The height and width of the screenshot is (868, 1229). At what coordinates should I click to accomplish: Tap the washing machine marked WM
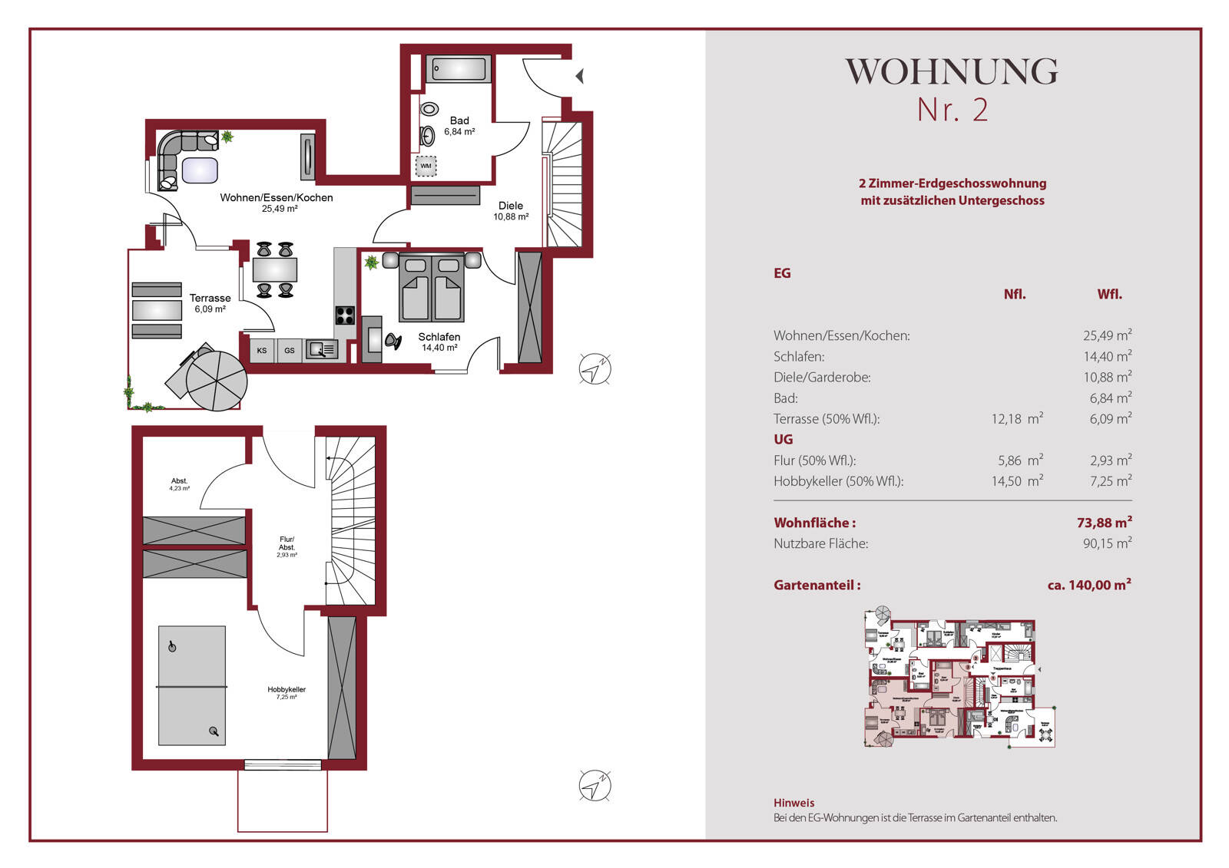(x=426, y=166)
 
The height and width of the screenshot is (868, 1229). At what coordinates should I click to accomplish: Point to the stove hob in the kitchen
(x=345, y=315)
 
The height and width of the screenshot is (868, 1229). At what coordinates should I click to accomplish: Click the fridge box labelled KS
(x=262, y=351)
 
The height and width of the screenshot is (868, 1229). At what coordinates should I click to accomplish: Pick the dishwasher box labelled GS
(x=290, y=351)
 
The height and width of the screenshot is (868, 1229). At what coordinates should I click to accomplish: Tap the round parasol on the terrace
(x=217, y=381)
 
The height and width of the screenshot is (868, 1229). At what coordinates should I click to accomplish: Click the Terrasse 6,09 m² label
(x=210, y=303)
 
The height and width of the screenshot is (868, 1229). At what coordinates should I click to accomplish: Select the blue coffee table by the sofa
(x=199, y=170)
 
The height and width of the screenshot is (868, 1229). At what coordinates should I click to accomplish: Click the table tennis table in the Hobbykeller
(x=192, y=685)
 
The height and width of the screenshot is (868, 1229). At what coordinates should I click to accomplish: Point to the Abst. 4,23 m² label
(x=179, y=484)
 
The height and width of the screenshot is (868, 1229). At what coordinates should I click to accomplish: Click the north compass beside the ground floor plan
(x=595, y=369)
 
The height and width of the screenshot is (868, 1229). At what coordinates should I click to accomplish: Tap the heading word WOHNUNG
(x=952, y=72)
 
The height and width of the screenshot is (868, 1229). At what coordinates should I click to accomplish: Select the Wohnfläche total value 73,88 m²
(x=1104, y=523)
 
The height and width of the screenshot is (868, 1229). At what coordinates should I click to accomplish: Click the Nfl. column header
(x=1014, y=294)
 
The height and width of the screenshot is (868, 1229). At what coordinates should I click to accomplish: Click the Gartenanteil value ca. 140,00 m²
(x=1088, y=585)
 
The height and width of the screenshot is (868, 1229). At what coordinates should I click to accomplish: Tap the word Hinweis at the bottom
(x=793, y=803)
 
